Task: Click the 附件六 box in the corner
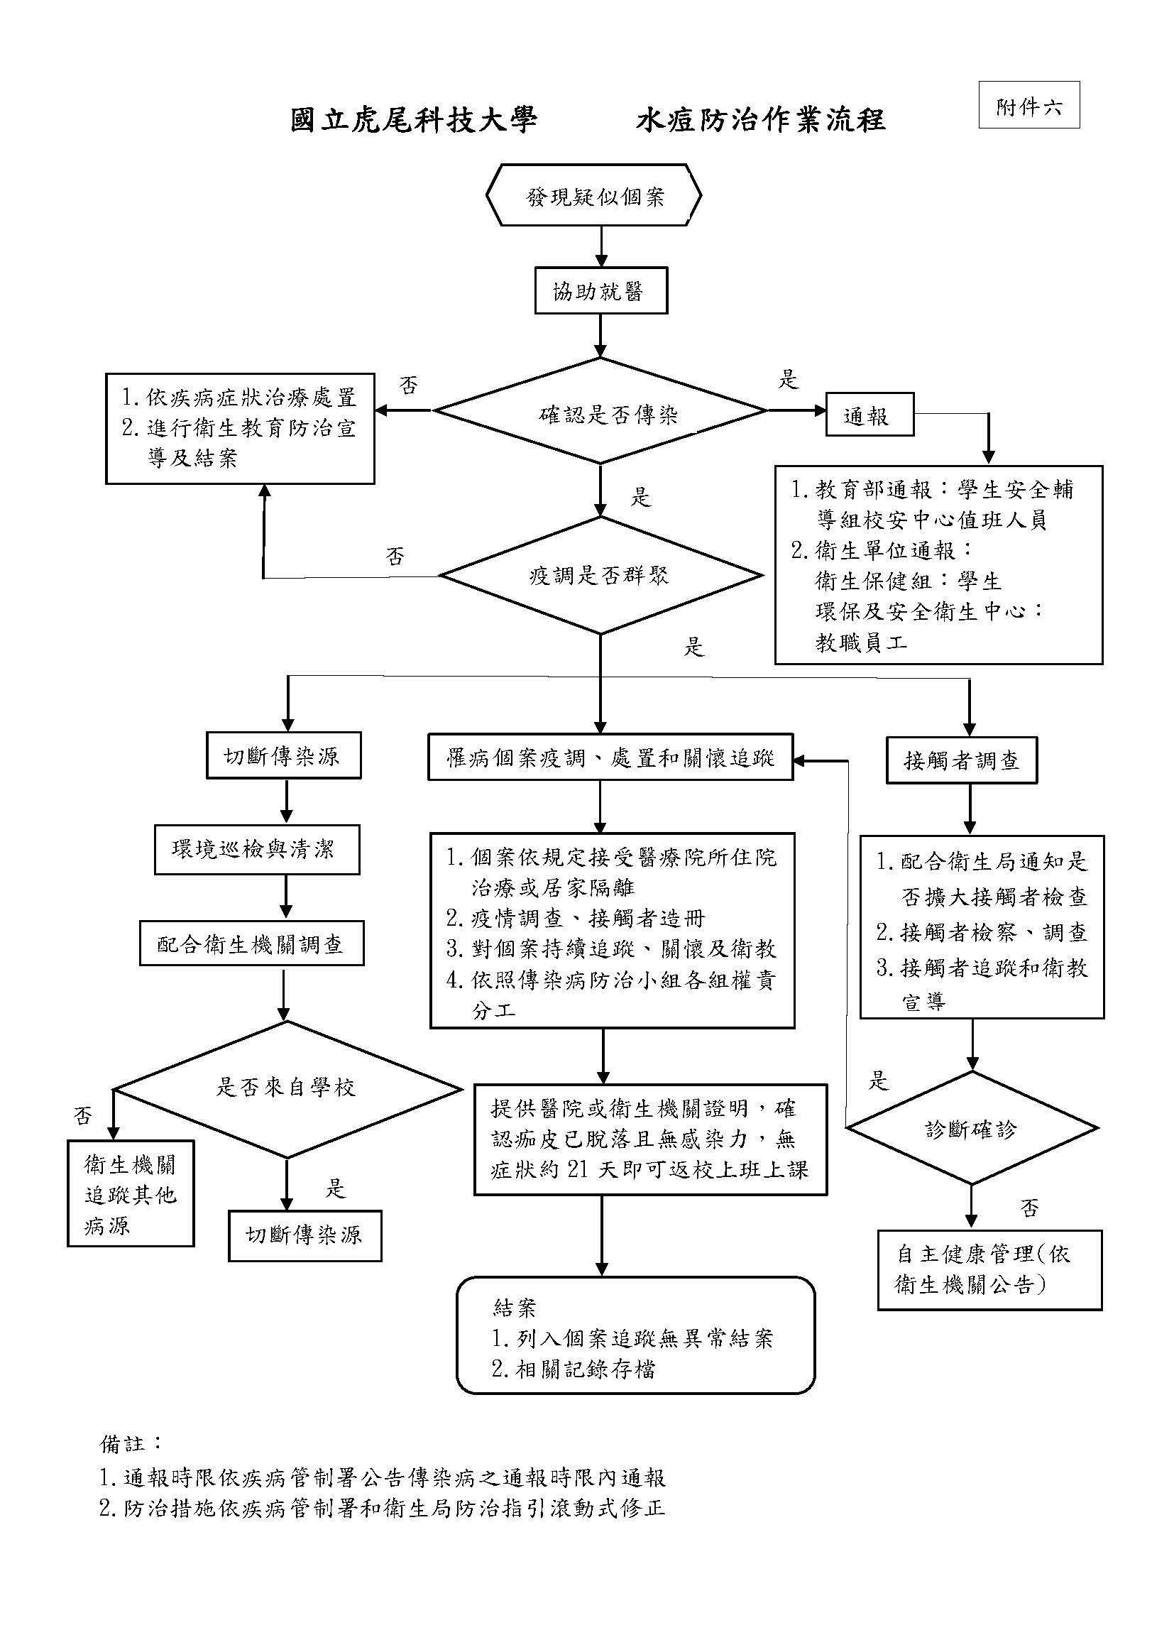pyautogui.click(x=1028, y=106)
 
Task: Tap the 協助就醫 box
pyautogui.click(x=600, y=291)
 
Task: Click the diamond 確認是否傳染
pyautogui.click(x=600, y=412)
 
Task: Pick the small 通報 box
pyautogui.click(x=869, y=415)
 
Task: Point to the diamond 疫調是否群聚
pyautogui.click(x=600, y=576)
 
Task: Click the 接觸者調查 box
pyautogui.click(x=961, y=760)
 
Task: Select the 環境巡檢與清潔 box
pyautogui.click(x=257, y=849)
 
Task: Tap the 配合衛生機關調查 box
pyautogui.click(x=251, y=944)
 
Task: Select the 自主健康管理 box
pyautogui.click(x=989, y=1269)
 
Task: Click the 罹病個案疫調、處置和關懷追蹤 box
pyautogui.click(x=610, y=757)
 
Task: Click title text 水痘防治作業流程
pyautogui.click(x=760, y=120)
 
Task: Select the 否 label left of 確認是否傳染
pyautogui.click(x=408, y=385)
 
